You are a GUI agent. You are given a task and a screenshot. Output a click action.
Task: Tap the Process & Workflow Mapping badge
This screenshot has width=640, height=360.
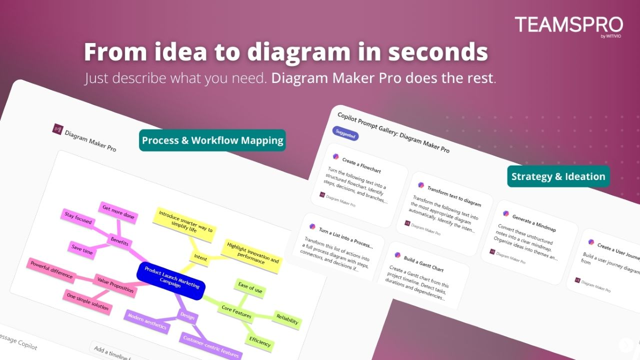coord(212,140)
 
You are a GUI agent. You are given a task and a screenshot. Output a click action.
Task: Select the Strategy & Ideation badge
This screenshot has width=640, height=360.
coord(558,176)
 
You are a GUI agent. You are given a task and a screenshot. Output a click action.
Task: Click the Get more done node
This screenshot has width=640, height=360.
coord(118,211)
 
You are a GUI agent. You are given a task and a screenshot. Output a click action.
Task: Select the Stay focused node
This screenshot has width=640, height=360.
coord(78,220)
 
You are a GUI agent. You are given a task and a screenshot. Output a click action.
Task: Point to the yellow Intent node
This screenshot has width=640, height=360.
coord(200,258)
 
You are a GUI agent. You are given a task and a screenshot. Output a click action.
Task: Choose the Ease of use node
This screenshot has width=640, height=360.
coord(250,288)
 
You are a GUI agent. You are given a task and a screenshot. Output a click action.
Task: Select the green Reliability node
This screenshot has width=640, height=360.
coord(287,319)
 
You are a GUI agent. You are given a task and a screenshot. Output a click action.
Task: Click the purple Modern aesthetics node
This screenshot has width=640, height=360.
coord(147,322)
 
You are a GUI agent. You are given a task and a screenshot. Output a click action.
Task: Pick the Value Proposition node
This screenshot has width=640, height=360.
coord(115,285)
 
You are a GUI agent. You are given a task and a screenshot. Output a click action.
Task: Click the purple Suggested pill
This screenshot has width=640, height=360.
coord(345,134)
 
